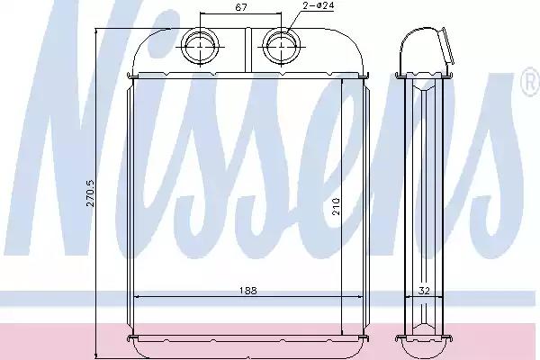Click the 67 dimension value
click(240, 7)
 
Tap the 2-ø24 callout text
click(319, 5)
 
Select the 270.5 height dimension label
click(90, 193)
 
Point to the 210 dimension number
click(336, 206)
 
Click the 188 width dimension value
click(248, 291)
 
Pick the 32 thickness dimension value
click(424, 291)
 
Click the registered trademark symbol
click(531, 83)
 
